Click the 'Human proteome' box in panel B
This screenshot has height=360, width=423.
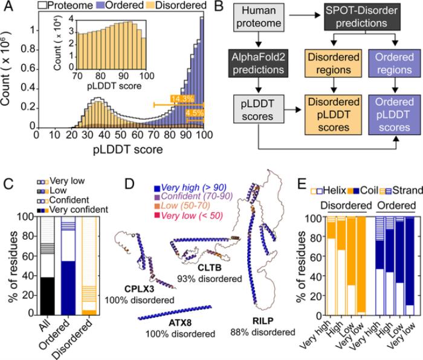point(259,18)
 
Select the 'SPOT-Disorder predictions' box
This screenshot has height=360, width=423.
point(362,17)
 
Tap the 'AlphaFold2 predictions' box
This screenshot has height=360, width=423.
point(258,63)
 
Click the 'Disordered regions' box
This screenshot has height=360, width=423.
point(334,63)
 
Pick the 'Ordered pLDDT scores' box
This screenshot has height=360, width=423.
point(395,115)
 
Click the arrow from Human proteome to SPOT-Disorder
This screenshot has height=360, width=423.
point(305,15)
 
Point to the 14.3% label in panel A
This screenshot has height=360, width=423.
point(182,98)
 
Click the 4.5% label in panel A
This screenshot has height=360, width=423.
point(195,113)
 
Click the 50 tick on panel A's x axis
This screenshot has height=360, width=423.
point(121,135)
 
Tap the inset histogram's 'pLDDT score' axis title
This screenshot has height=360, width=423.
point(114,86)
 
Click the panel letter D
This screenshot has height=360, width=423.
point(129,184)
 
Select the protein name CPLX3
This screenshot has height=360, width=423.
point(139,289)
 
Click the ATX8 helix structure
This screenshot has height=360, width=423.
point(175,312)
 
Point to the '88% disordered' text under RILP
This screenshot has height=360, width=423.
point(263,332)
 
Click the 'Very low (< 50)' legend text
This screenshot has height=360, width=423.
point(192,216)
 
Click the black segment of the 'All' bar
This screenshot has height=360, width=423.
point(48,296)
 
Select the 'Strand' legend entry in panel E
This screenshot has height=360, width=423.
point(401,190)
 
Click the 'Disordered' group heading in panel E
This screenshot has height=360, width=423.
point(346,205)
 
